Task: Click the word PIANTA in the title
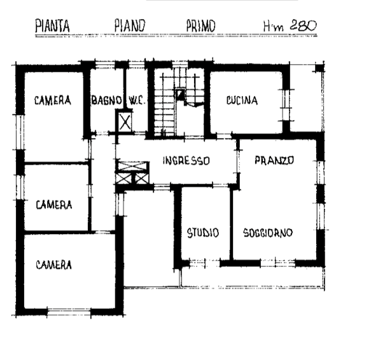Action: [52, 26]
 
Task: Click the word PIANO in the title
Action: [130, 26]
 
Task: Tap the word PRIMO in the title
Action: [200, 26]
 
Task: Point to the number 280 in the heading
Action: [303, 25]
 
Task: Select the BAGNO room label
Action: [106, 100]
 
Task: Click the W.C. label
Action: [137, 100]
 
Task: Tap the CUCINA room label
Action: [242, 100]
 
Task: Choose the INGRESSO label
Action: [186, 161]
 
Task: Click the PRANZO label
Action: [274, 160]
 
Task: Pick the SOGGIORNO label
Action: [268, 233]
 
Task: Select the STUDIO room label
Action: [203, 233]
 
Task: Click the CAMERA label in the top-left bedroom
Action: [53, 100]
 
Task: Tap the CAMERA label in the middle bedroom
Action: [54, 205]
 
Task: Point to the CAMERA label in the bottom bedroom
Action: [53, 265]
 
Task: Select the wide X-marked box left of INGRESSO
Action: [132, 166]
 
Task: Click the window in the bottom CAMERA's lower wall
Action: [69, 312]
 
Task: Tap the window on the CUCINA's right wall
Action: [286, 105]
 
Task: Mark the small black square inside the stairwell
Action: [180, 94]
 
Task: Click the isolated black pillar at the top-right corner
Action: [319, 68]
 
